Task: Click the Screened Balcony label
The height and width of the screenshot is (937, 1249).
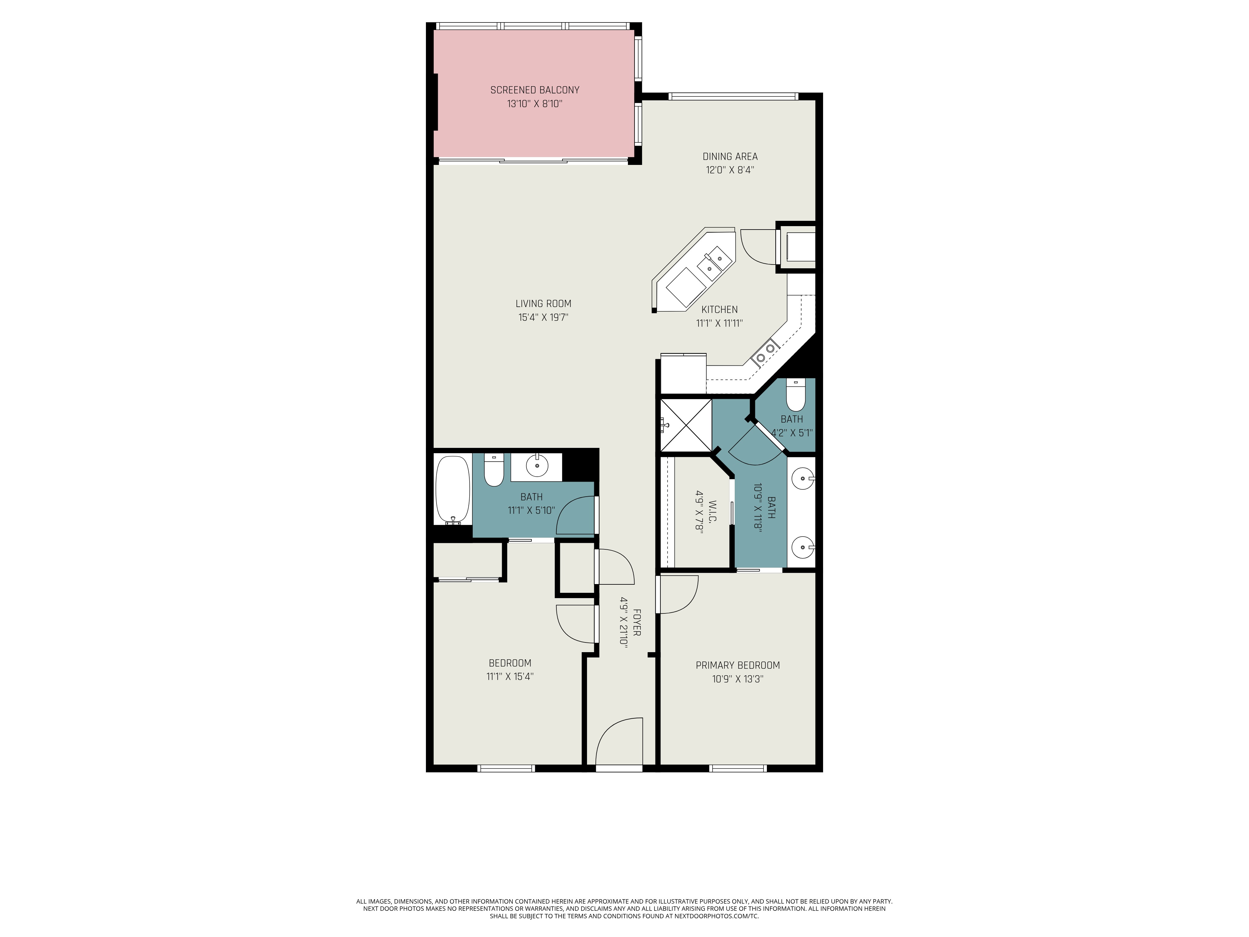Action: tap(535, 90)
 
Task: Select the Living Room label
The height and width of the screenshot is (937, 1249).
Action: tap(543, 303)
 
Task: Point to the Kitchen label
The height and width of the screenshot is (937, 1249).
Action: tap(719, 310)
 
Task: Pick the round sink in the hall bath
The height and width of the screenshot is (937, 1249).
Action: tap(537, 466)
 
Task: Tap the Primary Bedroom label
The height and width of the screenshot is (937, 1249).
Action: tap(738, 665)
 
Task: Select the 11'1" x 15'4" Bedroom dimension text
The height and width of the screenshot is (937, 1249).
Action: tap(510, 676)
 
